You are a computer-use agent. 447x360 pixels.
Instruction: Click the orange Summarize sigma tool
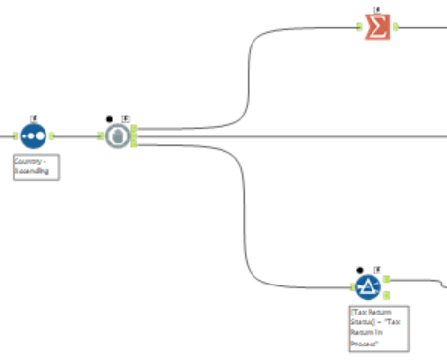coord(377,26)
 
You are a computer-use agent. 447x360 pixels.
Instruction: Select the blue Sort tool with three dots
coord(34,136)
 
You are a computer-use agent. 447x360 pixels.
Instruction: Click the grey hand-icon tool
coord(116,136)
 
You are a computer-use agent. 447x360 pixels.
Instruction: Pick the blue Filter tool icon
coord(367,285)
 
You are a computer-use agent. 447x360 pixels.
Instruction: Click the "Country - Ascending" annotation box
coord(36,165)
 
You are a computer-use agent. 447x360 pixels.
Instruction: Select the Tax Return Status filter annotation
coord(378,328)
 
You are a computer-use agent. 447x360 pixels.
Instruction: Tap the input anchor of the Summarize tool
coord(359,26)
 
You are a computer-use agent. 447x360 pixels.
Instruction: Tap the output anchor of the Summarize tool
coord(396,26)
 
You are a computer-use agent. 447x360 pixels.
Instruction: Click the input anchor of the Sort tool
coord(15,136)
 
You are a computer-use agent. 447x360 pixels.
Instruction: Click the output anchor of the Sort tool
coord(52,136)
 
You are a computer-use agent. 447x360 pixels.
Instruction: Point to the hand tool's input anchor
coord(100,136)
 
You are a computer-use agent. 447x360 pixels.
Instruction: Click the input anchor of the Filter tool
coord(349,285)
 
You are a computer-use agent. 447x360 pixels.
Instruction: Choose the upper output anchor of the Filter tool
coord(386,280)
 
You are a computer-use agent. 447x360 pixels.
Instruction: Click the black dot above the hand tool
coord(110,117)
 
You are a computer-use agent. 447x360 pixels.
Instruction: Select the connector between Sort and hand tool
coord(76,136)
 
